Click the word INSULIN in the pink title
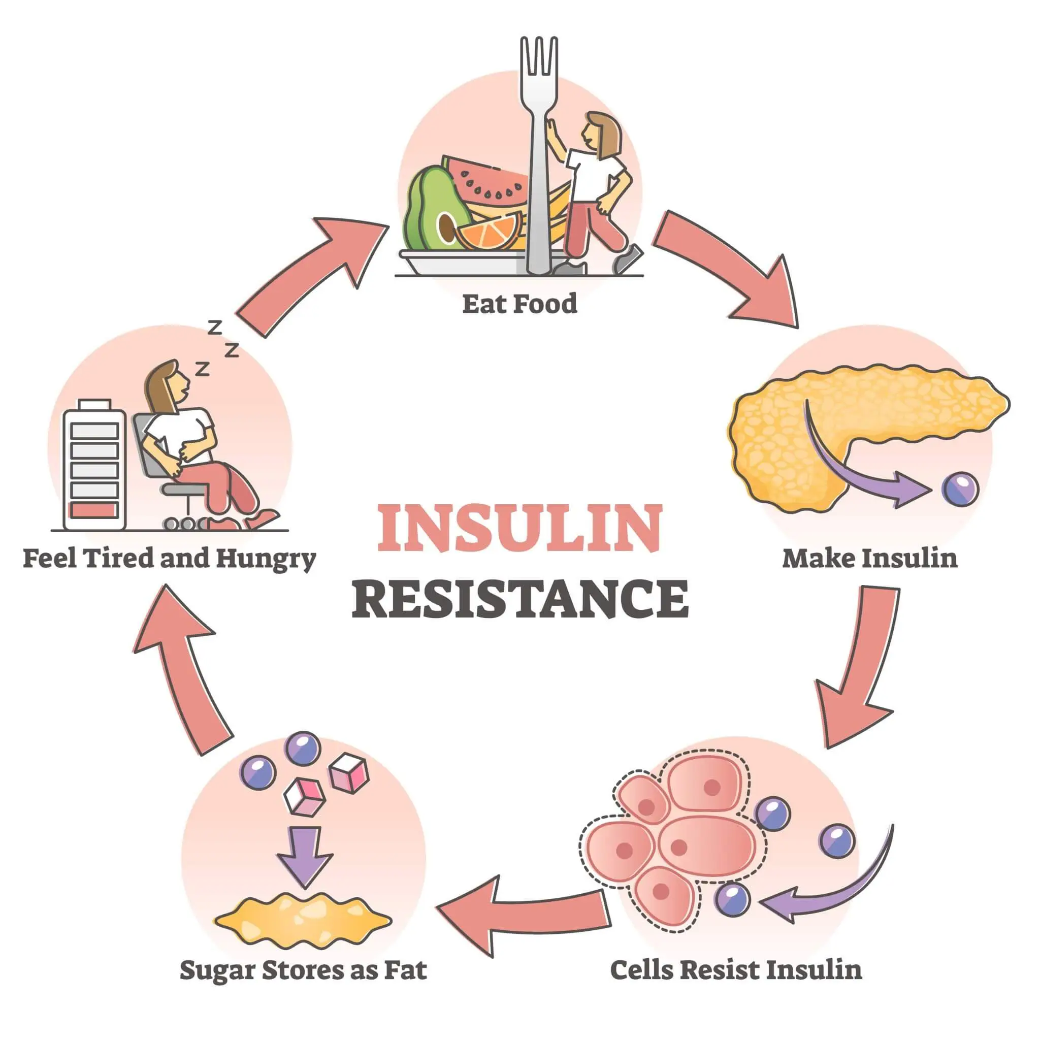(x=519, y=528)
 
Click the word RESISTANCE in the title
(x=519, y=599)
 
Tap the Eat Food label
(x=519, y=304)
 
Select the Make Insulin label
(x=869, y=558)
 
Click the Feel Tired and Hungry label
(x=169, y=559)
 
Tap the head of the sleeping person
(x=167, y=383)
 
